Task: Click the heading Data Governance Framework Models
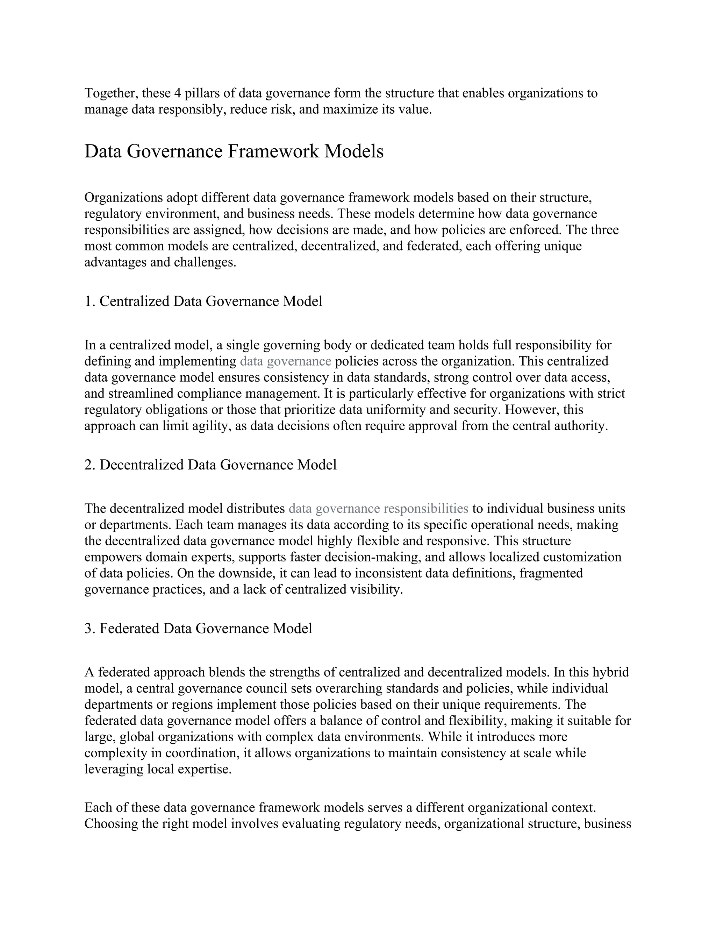point(234,151)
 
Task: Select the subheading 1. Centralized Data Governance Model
point(203,301)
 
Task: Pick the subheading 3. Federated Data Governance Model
point(198,628)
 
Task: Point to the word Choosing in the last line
point(110,823)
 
